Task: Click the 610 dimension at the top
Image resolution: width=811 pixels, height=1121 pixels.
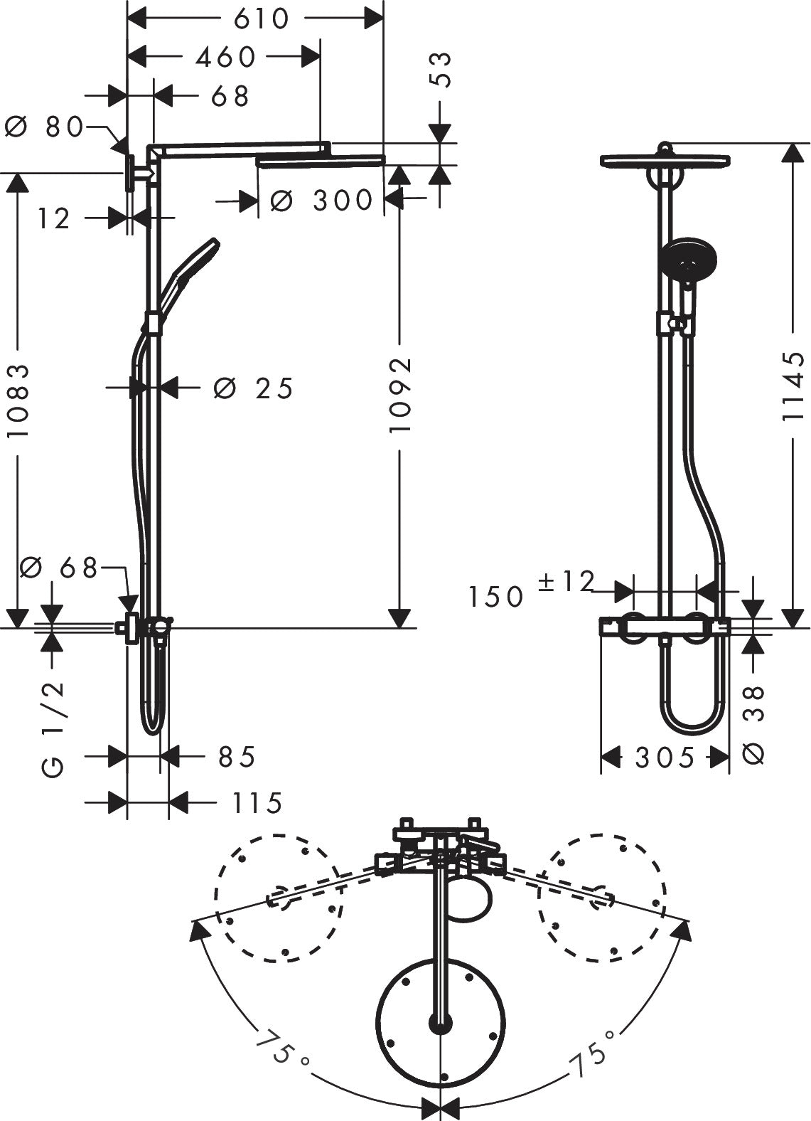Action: tap(262, 18)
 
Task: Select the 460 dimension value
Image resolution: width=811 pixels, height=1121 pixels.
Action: tap(225, 57)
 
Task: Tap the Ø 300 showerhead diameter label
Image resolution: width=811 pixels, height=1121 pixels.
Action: tap(321, 201)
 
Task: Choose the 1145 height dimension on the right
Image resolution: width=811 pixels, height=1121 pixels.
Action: tap(793, 388)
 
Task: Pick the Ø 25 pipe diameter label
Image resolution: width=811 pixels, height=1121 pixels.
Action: tap(253, 388)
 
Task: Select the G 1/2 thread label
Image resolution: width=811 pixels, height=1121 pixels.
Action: tap(53, 726)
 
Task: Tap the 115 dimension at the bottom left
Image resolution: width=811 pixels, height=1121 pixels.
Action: tap(256, 803)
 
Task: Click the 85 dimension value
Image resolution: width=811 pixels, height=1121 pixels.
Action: tap(236, 757)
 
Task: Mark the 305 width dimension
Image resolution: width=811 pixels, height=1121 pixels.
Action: tap(665, 758)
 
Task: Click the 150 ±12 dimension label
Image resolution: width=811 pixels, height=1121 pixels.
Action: tap(530, 590)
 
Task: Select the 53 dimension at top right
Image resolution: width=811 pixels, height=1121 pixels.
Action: tap(441, 69)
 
